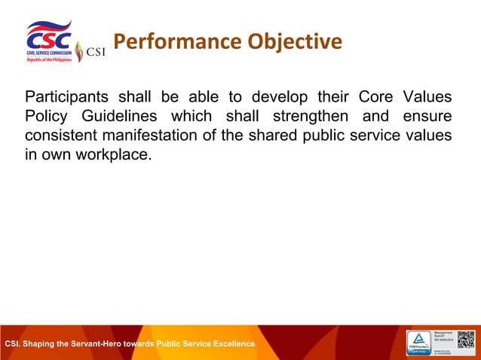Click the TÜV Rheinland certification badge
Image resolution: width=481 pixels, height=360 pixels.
point(420,343)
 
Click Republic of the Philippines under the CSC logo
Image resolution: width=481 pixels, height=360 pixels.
point(49,59)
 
